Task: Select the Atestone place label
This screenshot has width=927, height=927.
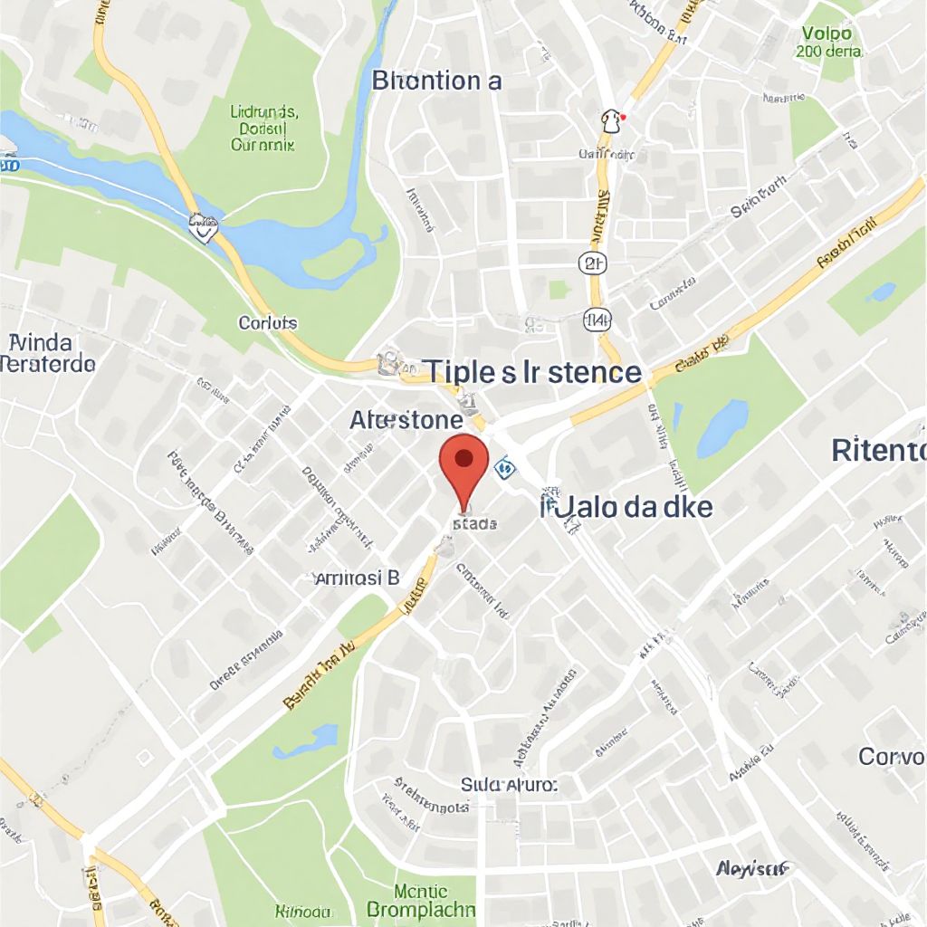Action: pos(406,420)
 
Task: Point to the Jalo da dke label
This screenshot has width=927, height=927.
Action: pos(627,506)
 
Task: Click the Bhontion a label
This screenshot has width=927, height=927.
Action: pos(436,81)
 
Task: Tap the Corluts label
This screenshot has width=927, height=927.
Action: pos(267,322)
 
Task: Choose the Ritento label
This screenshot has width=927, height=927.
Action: pos(878,449)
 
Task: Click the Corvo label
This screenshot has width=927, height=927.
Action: pos(892,755)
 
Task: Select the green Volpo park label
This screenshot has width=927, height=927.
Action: pos(829,43)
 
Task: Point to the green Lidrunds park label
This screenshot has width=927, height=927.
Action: pos(263,128)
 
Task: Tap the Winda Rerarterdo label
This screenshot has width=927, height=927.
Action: pos(47,353)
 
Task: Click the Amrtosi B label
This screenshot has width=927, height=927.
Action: pos(356,578)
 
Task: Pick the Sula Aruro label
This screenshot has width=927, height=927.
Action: pos(510,784)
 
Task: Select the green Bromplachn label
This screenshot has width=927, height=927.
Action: pos(421,900)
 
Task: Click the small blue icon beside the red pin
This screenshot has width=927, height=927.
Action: pos(504,468)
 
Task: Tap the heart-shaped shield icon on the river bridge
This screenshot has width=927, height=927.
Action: pos(205,225)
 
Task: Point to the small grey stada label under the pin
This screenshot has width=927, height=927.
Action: pos(473,523)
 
